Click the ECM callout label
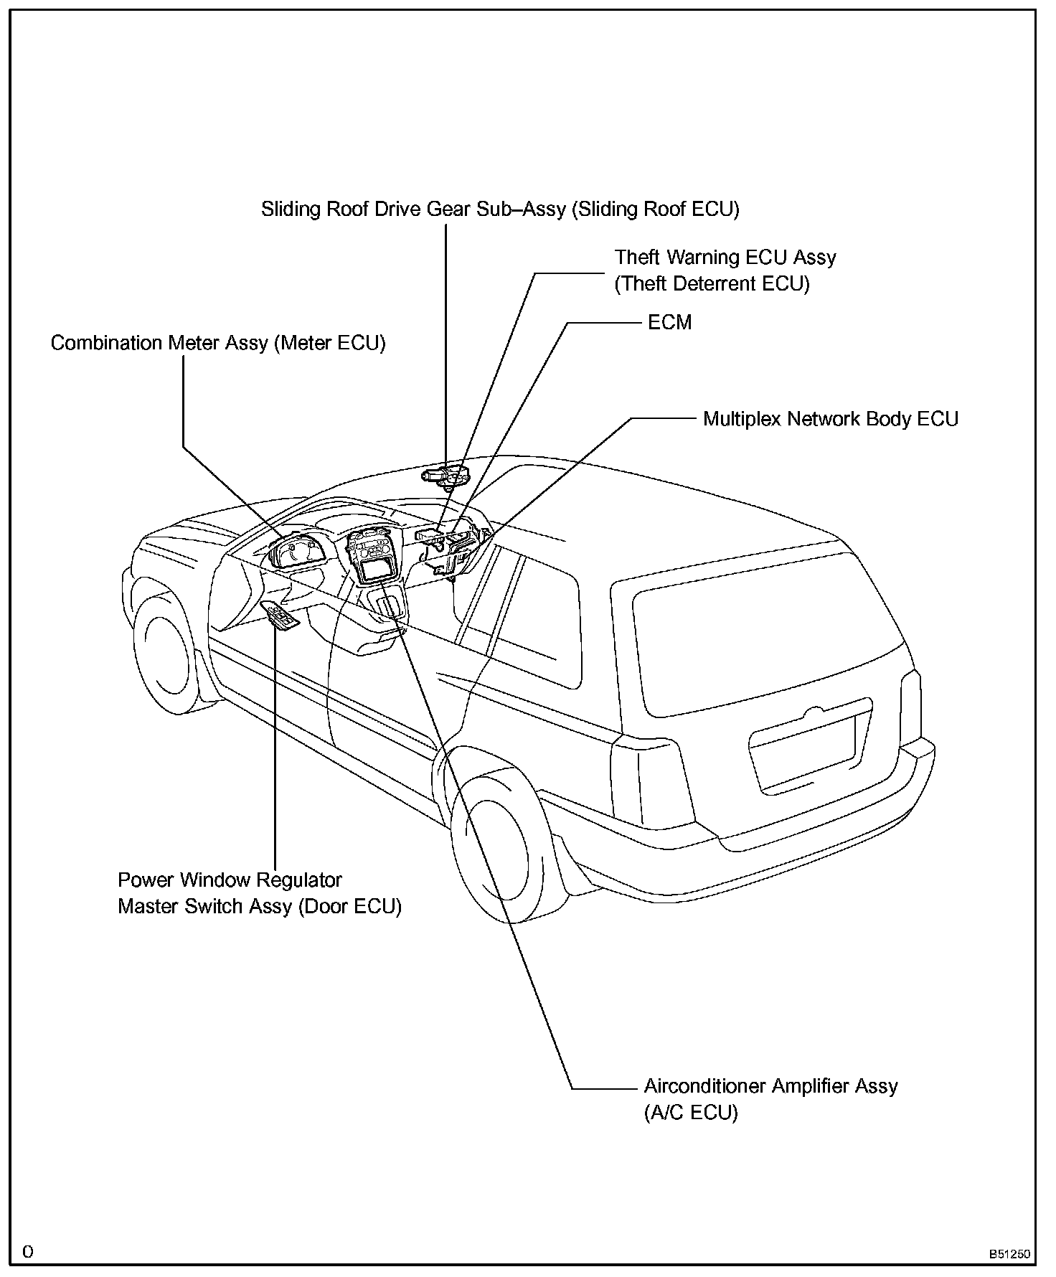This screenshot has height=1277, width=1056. tap(669, 323)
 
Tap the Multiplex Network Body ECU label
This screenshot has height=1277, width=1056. tap(830, 419)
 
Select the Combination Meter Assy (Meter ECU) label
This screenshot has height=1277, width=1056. tap(218, 343)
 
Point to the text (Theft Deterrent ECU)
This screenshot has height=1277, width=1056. tap(712, 284)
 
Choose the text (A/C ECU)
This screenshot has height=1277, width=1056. tap(690, 1113)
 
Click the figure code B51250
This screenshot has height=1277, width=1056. tap(1009, 1255)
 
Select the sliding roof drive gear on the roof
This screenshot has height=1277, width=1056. tap(445, 475)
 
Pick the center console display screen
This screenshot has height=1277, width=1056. tap(378, 570)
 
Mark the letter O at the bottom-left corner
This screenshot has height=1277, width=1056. tap(27, 1252)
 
